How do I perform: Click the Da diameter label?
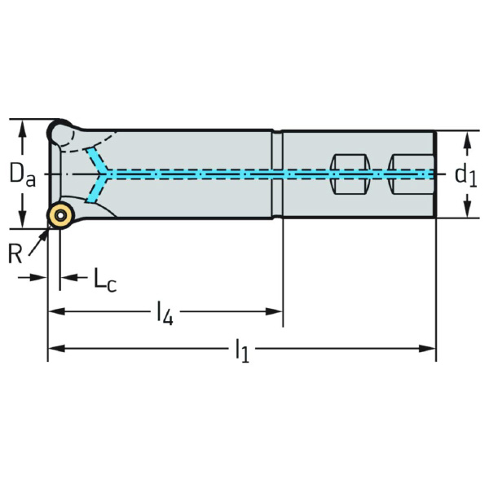(x=21, y=174)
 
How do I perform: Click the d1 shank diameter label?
(x=465, y=174)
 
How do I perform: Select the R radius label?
(x=15, y=254)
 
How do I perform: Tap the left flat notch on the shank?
(x=346, y=174)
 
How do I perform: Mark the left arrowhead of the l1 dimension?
(x=55, y=349)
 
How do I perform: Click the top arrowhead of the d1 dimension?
(x=466, y=140)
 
